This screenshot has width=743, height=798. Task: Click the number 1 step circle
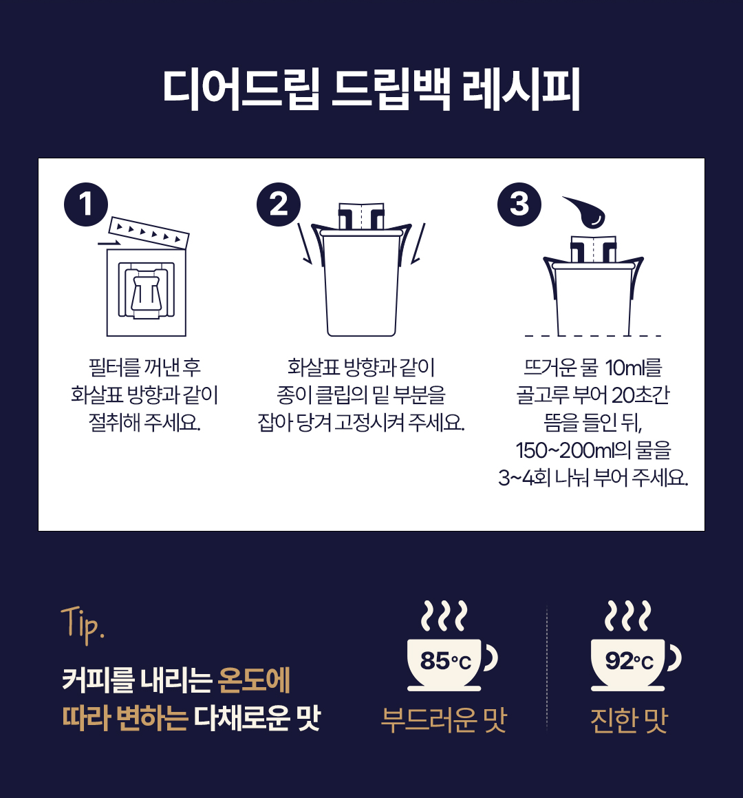[86, 204]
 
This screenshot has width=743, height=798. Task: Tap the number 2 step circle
[278, 204]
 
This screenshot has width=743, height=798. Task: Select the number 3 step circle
[519, 204]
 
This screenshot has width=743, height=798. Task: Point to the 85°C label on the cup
[446, 661]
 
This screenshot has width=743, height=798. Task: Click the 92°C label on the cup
[629, 661]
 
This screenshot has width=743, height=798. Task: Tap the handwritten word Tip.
[83, 624]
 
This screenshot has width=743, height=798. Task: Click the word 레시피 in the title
[521, 90]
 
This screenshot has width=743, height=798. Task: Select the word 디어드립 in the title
[241, 90]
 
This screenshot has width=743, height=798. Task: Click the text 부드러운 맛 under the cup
[444, 720]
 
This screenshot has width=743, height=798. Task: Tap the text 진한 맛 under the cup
[629, 720]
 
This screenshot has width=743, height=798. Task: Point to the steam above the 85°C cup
[444, 616]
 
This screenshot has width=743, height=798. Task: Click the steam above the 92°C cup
[628, 616]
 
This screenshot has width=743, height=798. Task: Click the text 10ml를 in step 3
[634, 368]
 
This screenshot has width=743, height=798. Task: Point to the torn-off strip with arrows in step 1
[149, 233]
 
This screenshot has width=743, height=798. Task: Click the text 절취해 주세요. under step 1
[145, 423]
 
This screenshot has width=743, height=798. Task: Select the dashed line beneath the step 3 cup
[593, 336]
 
